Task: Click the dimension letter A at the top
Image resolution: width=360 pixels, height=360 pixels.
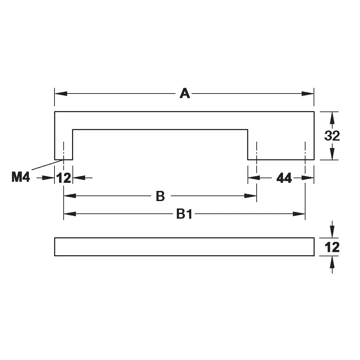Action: [185, 94]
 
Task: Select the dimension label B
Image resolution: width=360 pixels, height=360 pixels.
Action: [160, 196]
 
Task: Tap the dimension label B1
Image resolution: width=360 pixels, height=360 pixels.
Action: [185, 214]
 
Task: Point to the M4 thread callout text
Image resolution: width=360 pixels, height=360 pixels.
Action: [21, 178]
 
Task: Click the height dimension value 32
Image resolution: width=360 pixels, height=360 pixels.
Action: [332, 135]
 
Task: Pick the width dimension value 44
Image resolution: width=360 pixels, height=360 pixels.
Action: [284, 178]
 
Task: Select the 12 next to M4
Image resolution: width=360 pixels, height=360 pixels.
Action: [64, 178]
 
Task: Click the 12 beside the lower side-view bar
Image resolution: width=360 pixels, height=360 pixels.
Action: [332, 247]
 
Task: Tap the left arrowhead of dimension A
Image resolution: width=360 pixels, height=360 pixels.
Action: [61, 94]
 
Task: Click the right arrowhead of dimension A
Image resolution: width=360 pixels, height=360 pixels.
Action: [308, 94]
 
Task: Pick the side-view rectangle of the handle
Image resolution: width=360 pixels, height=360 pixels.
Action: [184, 247]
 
